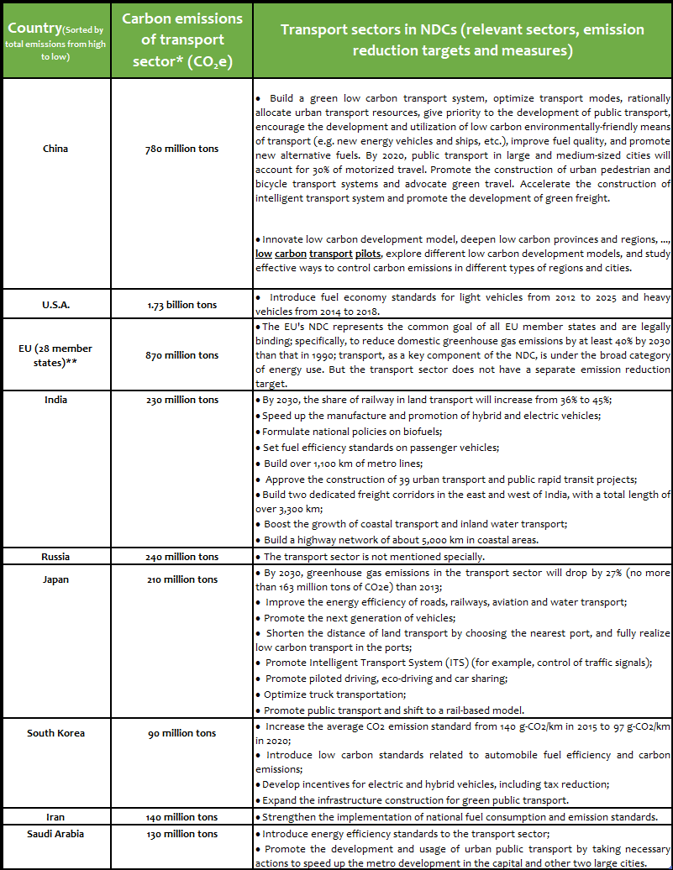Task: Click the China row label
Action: point(55,149)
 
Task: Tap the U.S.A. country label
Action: point(55,306)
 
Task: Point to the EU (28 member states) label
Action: point(55,355)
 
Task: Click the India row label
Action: point(55,400)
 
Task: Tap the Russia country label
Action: point(55,557)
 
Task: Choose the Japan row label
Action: point(55,579)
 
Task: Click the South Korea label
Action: point(55,733)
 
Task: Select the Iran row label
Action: point(55,817)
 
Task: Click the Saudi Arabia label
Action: point(55,834)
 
